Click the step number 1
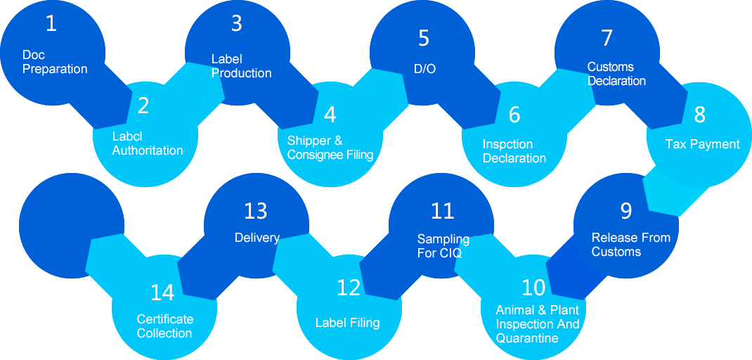coord(51,24)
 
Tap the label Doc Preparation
coord(55,62)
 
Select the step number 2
coord(143,105)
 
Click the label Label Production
coord(241,66)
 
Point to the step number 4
coord(330,114)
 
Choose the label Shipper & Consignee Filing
coord(330,148)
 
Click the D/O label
coord(425,68)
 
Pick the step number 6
coord(514,114)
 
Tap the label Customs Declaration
coord(616,74)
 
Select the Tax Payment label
coord(702,144)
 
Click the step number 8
coord(699,114)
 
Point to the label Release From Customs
coord(630,245)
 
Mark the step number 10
coord(533,287)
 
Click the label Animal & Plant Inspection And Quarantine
coord(538,324)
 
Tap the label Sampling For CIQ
coord(443,246)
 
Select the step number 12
coord(349,287)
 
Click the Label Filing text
coord(347,323)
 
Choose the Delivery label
coord(257,238)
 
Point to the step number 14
coord(162,292)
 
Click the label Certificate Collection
coord(164,326)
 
